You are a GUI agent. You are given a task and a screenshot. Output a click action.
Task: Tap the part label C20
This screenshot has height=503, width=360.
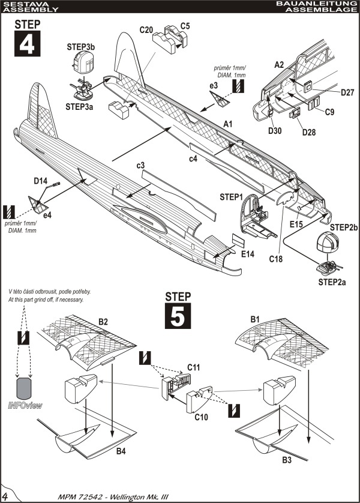[146, 29]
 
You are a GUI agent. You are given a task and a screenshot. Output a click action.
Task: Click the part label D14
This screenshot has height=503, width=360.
[41, 180]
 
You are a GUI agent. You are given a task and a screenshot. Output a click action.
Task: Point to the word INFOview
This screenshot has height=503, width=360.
[25, 406]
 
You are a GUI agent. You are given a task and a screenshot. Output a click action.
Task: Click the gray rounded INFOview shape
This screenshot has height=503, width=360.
[25, 388]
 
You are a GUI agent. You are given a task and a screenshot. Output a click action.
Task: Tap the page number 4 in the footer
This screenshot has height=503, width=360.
[5, 496]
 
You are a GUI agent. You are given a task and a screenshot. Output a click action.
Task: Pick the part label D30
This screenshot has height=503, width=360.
[275, 130]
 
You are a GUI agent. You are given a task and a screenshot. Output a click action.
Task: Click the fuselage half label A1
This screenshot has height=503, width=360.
[227, 123]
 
